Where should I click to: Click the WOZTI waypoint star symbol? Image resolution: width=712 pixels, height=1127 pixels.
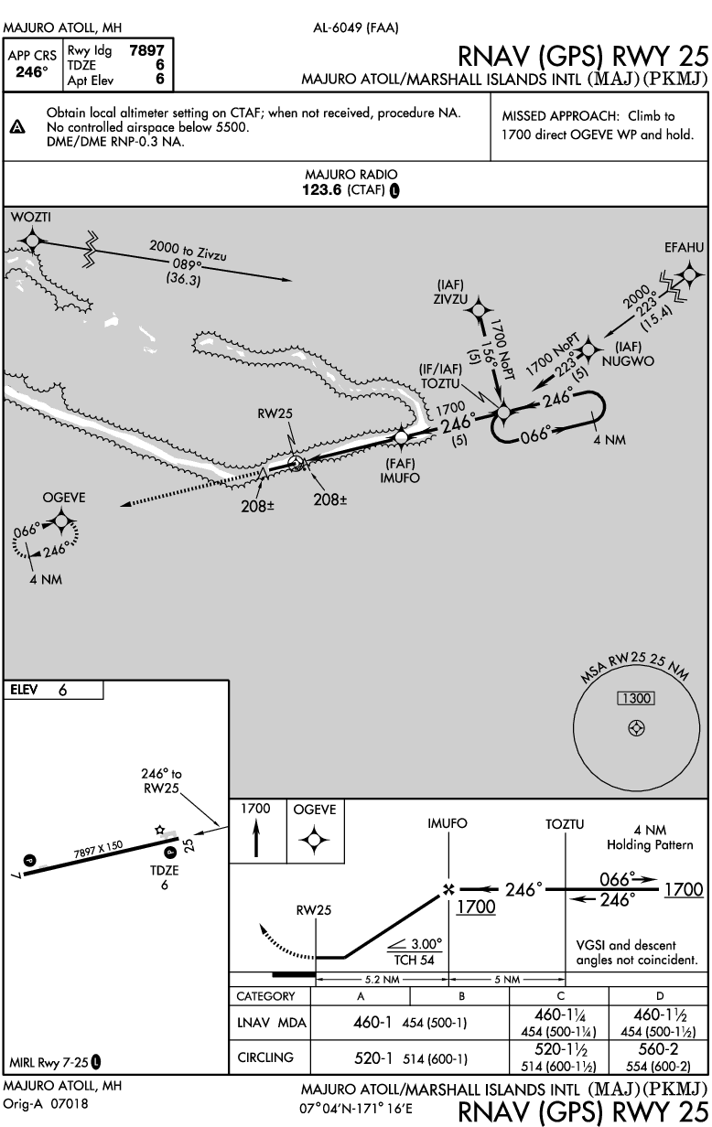point(32,240)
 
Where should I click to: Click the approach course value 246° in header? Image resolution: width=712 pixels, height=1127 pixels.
point(32,70)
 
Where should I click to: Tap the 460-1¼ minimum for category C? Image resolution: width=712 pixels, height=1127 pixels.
point(559,1014)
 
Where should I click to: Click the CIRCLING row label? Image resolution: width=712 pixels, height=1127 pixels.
point(266,1057)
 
